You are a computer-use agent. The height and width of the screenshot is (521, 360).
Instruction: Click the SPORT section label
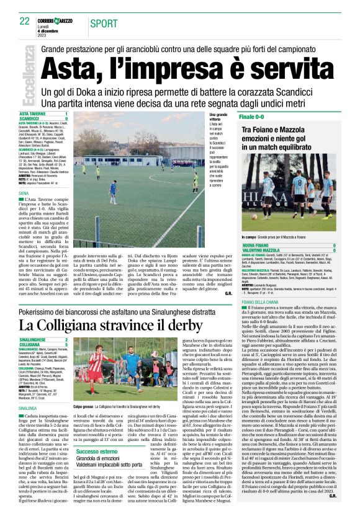tap(103, 24)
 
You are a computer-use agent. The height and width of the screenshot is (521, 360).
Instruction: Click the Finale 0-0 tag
tap(255, 117)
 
